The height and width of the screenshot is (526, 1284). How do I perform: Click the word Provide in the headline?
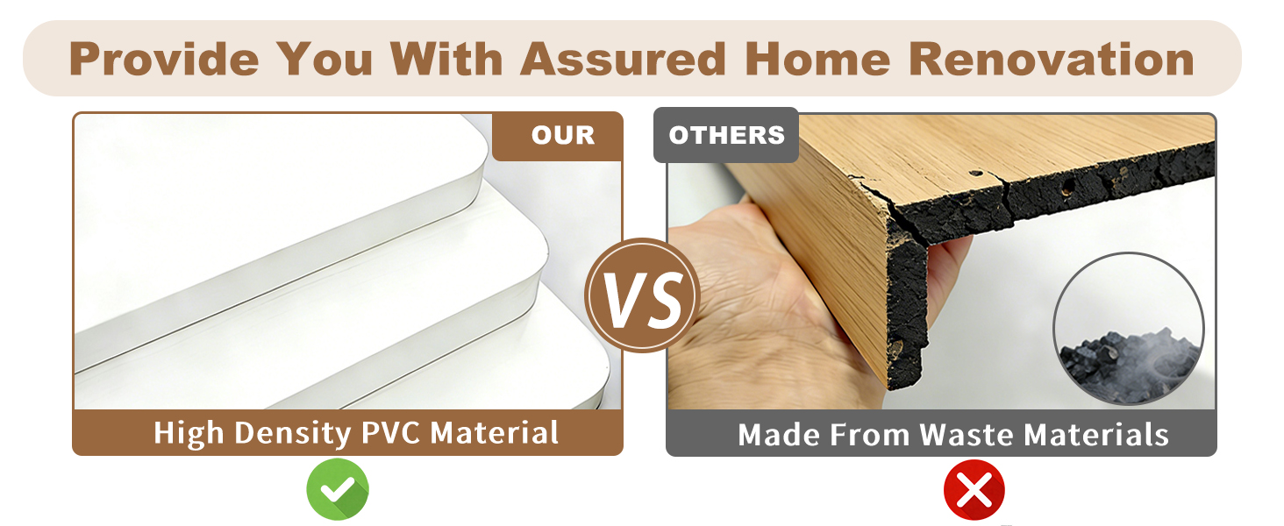[164, 59]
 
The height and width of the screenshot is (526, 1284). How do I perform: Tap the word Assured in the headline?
[623, 59]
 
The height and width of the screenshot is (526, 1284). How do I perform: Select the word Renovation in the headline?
[1052, 59]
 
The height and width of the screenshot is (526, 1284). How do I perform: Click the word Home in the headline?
[818, 59]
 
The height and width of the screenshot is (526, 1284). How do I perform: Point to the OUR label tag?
[558, 136]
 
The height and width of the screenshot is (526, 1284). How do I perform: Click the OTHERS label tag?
[726, 135]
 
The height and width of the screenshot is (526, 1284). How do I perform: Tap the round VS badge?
[642, 295]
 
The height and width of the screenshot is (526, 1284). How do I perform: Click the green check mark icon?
[338, 489]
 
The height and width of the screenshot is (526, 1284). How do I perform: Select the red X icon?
[974, 490]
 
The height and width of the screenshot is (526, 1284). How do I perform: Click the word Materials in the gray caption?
[1096, 435]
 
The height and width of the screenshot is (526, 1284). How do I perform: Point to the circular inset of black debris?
[1129, 329]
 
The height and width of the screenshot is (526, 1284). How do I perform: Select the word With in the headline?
[446, 59]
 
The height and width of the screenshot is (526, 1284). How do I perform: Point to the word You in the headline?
[325, 59]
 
